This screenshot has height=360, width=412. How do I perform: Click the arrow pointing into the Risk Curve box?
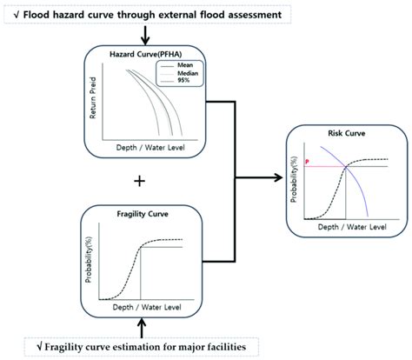(x=275, y=181)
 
